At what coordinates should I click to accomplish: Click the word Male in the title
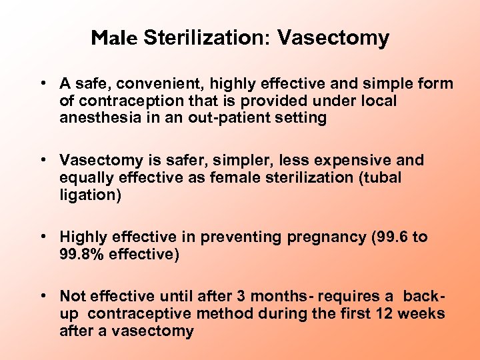[x=114, y=39]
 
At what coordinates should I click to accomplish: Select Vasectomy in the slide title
[x=333, y=39]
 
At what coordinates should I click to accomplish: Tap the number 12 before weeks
[x=391, y=313]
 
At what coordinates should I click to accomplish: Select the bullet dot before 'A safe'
[x=42, y=84]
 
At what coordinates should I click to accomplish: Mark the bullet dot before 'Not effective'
[x=42, y=296]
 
